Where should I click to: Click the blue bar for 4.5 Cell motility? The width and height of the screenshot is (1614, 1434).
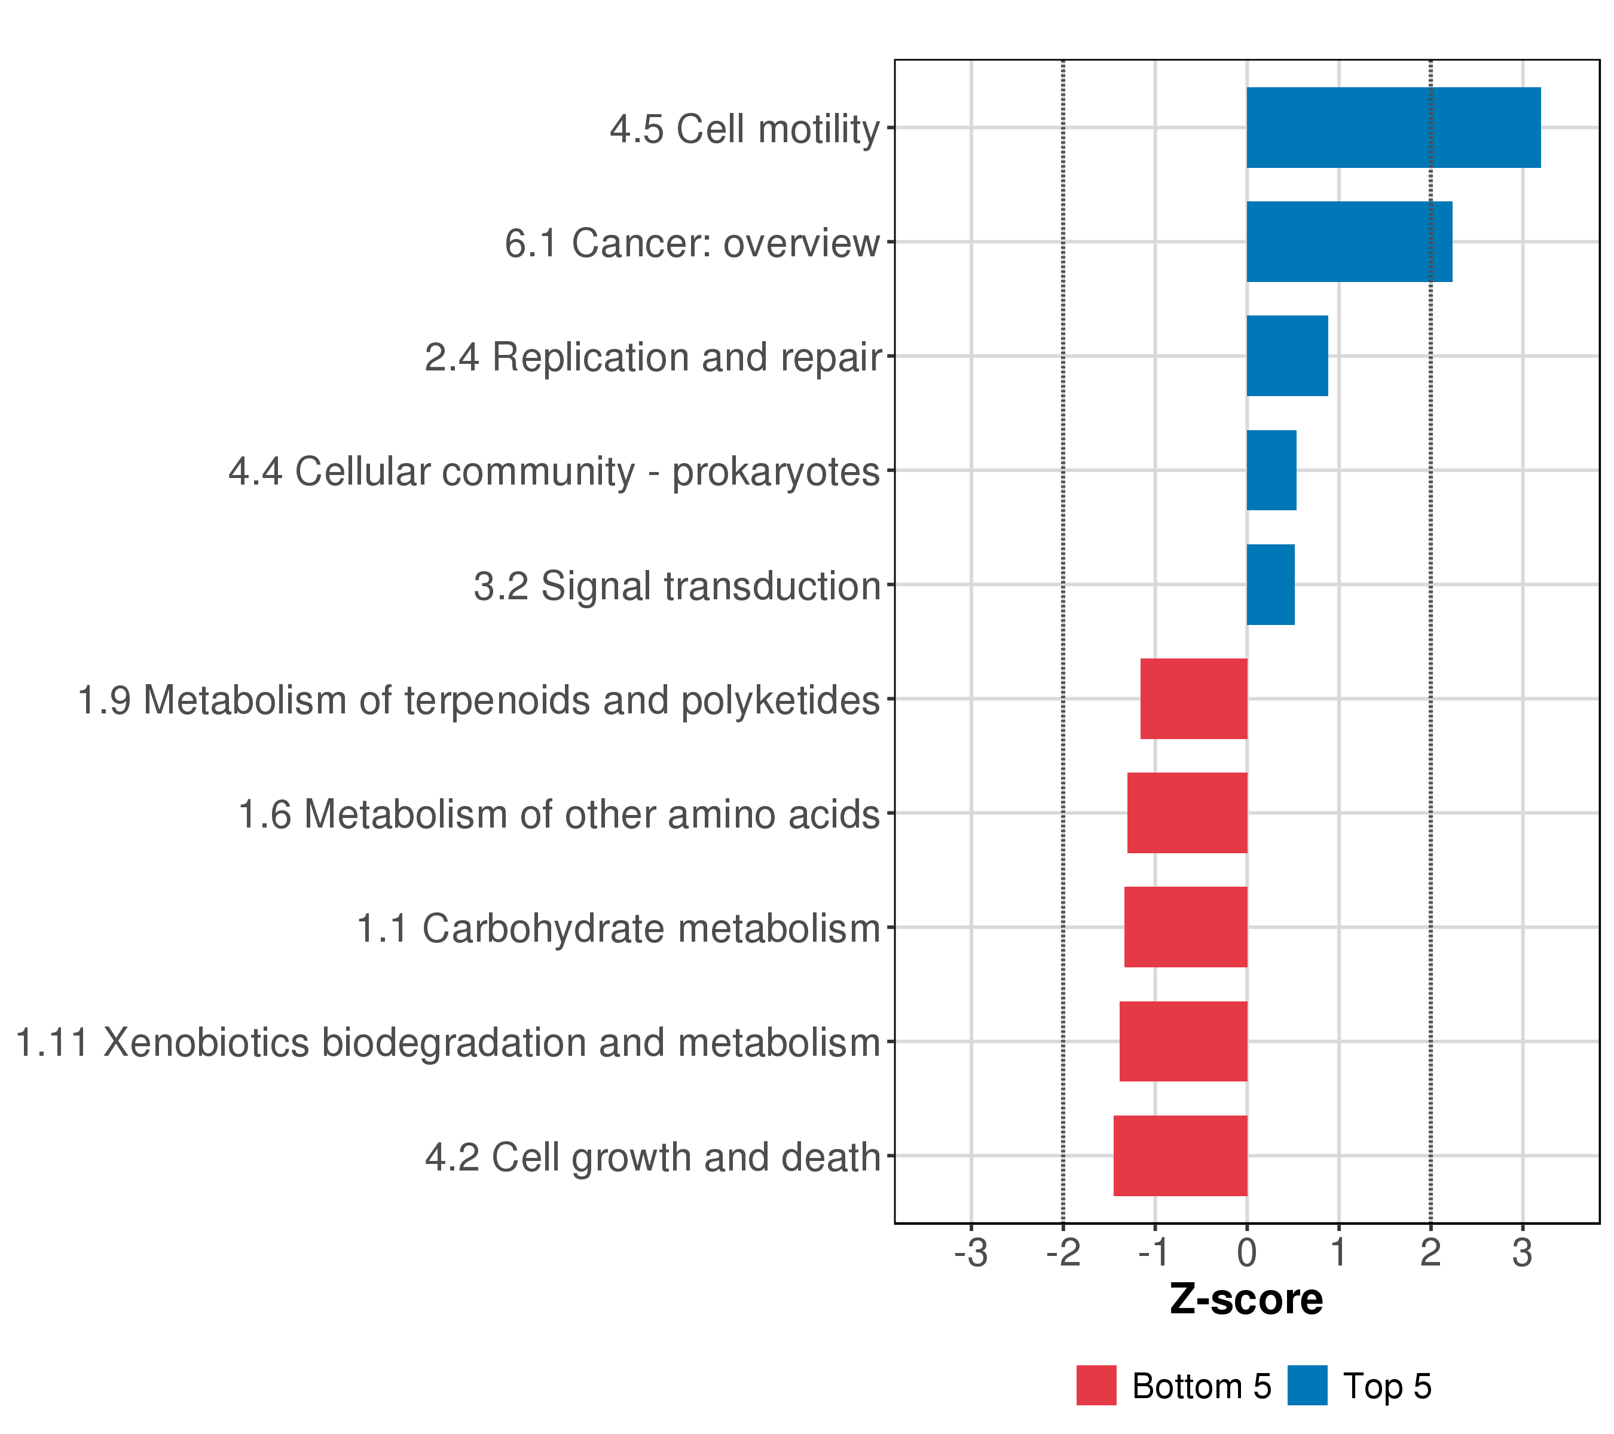click(1393, 127)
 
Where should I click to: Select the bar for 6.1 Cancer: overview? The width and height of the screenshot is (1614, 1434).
click(1349, 241)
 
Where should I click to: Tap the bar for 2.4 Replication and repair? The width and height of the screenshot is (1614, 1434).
click(1287, 356)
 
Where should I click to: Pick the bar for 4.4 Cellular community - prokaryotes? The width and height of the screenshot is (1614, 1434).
click(1271, 470)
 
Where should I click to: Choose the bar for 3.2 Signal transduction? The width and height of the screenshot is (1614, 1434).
click(1270, 585)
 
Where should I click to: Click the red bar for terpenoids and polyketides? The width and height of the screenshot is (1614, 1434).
click(1194, 698)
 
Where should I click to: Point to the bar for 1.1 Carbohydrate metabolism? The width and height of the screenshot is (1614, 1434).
click(1185, 927)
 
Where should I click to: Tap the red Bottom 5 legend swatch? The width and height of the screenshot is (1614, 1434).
click(1096, 1386)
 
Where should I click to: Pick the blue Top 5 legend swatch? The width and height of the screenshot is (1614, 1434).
click(1307, 1386)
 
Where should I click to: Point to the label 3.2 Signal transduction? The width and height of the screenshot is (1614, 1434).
click(676, 586)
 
